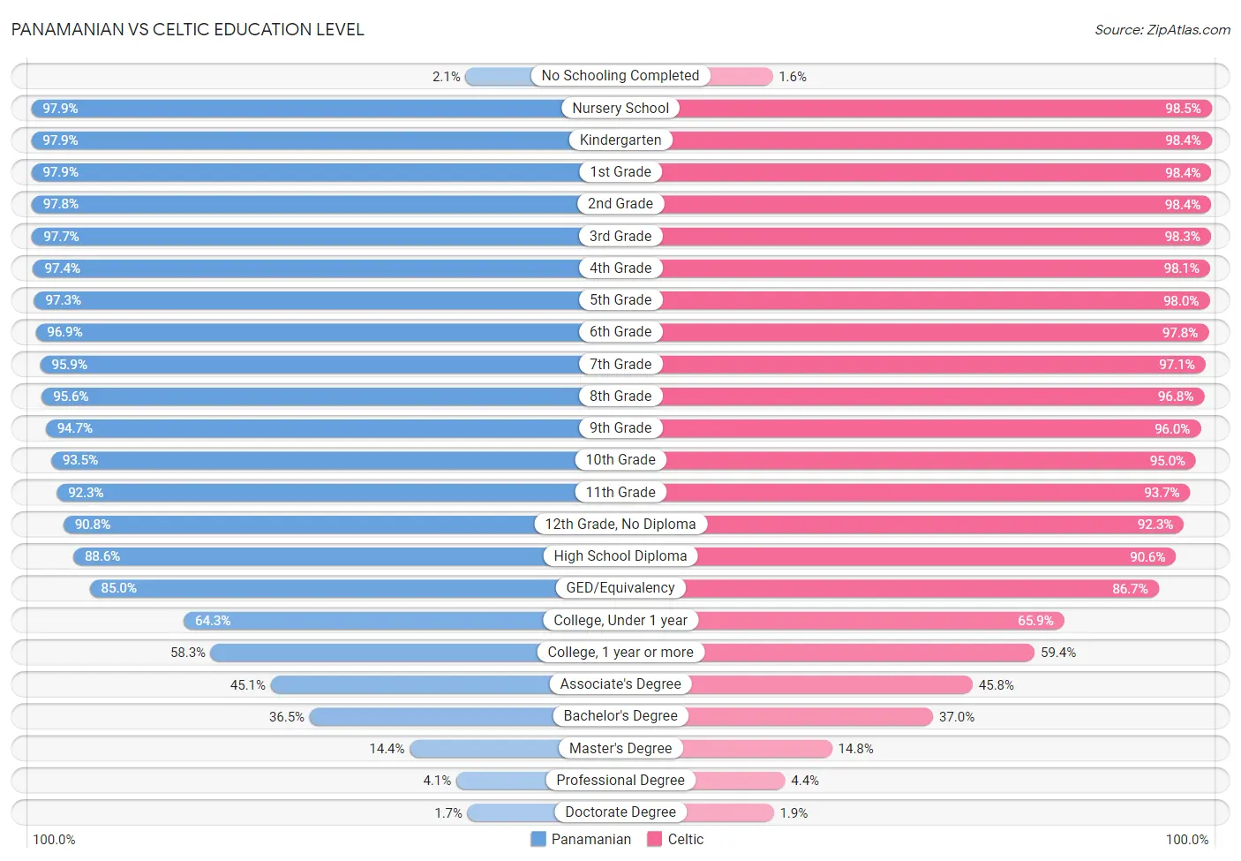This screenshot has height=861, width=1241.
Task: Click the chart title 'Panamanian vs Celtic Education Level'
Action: point(187,29)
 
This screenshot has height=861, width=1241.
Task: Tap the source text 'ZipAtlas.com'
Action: point(1188,30)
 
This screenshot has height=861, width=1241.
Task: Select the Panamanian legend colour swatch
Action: point(538,839)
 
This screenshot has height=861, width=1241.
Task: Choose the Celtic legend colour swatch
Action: point(654,839)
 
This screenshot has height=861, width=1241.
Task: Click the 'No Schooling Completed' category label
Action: point(620,76)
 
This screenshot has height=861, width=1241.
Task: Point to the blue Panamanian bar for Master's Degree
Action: point(485,749)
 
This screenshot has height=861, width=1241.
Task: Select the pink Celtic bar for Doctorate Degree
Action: point(729,812)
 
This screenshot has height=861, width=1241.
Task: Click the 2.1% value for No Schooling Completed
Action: point(446,77)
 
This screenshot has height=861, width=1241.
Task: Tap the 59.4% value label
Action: point(1058,653)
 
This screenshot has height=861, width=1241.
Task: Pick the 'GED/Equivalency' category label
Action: point(620,588)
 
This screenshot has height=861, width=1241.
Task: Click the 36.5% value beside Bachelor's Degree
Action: point(286,717)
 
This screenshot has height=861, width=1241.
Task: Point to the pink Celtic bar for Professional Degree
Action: point(740,781)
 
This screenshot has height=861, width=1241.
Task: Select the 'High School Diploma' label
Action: point(620,556)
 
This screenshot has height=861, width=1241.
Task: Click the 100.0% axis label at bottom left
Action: point(54,840)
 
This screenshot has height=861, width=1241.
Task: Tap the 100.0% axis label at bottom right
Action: point(1186,840)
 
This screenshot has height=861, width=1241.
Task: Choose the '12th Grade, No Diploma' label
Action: point(620,525)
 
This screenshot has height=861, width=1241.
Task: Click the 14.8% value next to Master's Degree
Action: point(855,749)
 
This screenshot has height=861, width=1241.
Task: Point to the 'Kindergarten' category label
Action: point(620,140)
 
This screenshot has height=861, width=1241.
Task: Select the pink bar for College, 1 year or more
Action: point(869,653)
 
